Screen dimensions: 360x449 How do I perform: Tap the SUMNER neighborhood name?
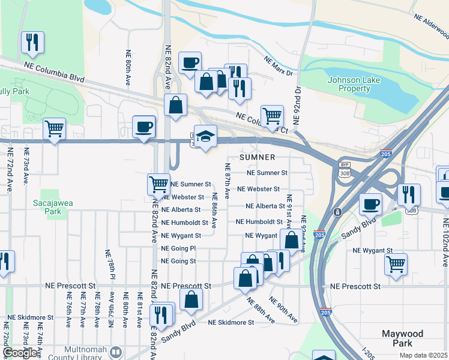click(258, 157)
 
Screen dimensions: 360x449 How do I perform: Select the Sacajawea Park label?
click(53, 207)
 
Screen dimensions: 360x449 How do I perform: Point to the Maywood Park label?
click(402, 338)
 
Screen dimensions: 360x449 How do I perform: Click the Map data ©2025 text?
click(424, 355)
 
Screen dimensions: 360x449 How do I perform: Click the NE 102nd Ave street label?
click(445, 241)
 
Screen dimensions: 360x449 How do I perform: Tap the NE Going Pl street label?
click(178, 248)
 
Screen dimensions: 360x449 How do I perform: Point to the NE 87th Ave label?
click(228, 181)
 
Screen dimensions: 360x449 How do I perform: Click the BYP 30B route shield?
click(344, 169)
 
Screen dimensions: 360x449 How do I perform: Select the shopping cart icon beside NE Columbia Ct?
click(272, 116)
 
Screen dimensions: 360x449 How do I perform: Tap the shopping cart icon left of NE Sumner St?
click(158, 184)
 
